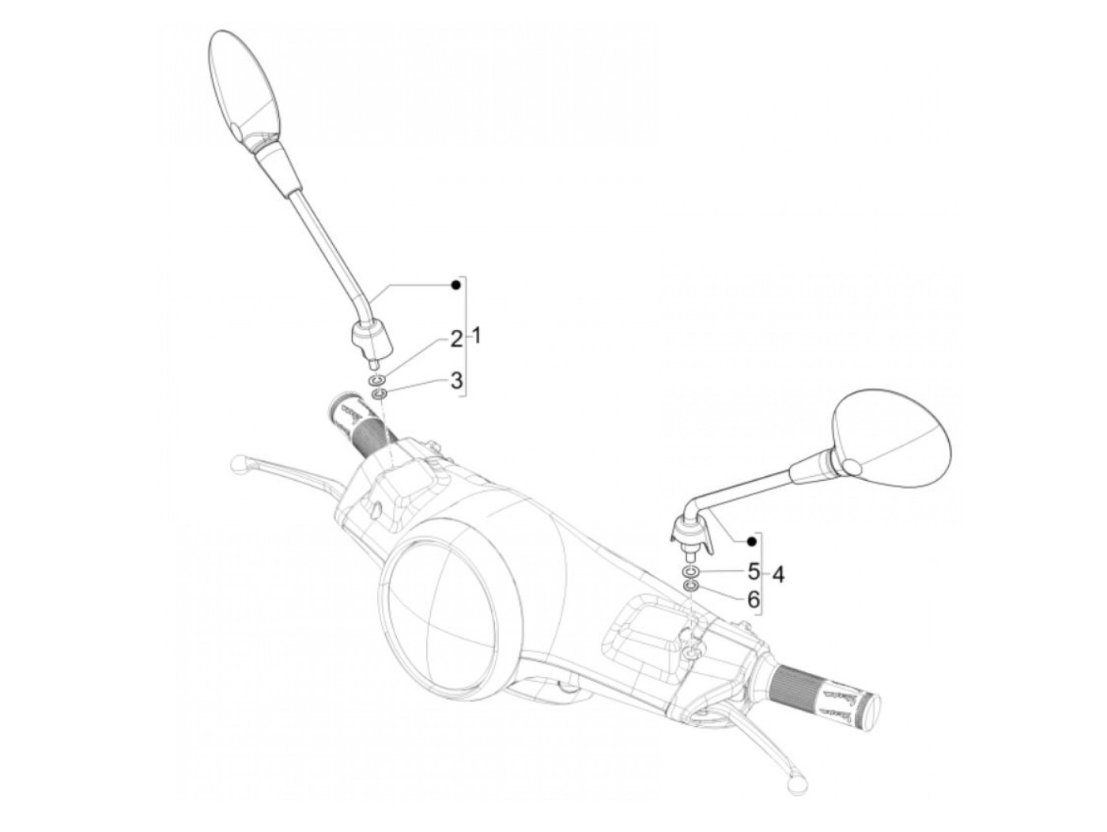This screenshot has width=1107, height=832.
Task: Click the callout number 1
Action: pyautogui.click(x=475, y=336)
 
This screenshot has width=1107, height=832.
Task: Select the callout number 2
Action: pyautogui.click(x=456, y=340)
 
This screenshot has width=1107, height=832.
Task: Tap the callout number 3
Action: pyautogui.click(x=456, y=380)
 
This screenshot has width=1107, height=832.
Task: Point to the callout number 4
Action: pyautogui.click(x=778, y=574)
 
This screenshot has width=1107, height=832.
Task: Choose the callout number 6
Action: pyautogui.click(x=753, y=599)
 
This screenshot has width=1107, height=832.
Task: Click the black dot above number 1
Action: pyautogui.click(x=455, y=285)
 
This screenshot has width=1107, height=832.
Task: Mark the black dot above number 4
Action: pyautogui.click(x=752, y=541)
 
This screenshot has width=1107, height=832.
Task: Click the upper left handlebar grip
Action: pyautogui.click(x=360, y=424)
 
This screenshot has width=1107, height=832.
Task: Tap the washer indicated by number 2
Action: pyautogui.click(x=378, y=381)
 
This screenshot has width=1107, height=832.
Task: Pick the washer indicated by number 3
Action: pyautogui.click(x=379, y=394)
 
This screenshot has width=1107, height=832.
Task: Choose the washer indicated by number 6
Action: pyautogui.click(x=690, y=585)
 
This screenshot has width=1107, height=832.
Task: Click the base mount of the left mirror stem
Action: pyautogui.click(x=368, y=341)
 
